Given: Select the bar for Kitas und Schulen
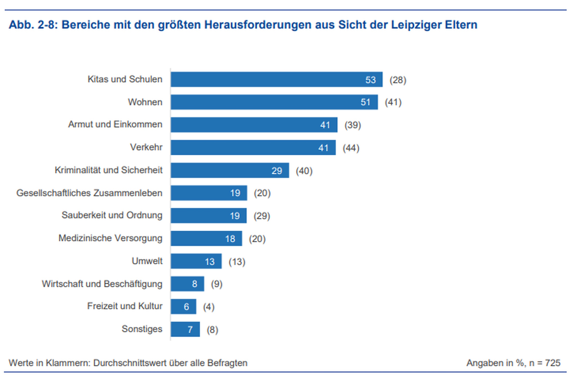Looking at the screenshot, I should (276, 79).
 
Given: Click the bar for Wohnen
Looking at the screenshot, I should (274, 102).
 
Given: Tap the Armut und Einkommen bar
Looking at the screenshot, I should (254, 125).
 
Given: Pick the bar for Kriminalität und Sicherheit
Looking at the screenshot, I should (230, 170).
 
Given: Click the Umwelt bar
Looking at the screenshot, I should (196, 261).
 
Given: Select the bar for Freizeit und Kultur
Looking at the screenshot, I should (183, 307).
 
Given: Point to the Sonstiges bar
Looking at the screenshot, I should (185, 329).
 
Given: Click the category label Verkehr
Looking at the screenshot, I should (146, 147).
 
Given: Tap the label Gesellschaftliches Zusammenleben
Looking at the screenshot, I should (89, 193).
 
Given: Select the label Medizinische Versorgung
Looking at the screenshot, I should (110, 238).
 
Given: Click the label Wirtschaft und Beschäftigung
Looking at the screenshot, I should (102, 284).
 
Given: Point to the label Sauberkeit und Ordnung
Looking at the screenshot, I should (112, 215).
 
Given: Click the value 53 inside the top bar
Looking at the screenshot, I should (371, 80).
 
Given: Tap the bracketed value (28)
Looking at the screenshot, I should (398, 80).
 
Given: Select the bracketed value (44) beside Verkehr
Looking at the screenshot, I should (351, 148).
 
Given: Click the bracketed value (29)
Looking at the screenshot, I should (262, 216).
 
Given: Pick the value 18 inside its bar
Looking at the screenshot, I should (230, 239).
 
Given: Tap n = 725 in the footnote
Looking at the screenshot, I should (545, 363).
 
